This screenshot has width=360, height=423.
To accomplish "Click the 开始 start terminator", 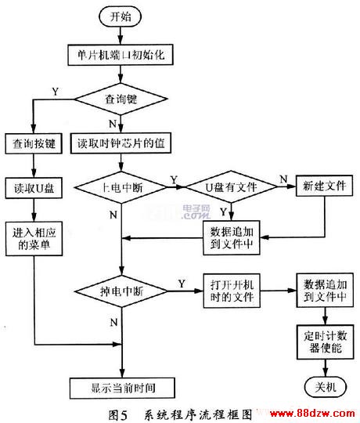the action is [121, 16].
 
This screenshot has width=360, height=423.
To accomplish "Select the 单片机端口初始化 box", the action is [121, 55].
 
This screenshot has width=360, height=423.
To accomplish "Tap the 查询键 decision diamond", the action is [121, 99].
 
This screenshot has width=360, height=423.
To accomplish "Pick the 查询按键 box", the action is [34, 143].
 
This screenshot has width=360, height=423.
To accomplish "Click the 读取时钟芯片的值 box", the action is [121, 143].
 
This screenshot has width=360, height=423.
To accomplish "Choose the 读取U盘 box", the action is [34, 188].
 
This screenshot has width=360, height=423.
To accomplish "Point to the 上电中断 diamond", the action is [121, 187].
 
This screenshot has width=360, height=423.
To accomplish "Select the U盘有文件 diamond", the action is [231, 187].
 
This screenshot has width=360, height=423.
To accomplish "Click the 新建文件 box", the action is [325, 186].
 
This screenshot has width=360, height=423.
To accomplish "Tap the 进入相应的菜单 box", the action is [34, 239].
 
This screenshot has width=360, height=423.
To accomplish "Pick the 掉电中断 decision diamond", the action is [121, 291].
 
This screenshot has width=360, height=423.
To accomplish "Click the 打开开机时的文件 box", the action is [232, 291].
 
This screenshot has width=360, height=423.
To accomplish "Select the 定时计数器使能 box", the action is [326, 342].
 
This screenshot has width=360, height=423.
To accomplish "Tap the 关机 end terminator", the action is [326, 387].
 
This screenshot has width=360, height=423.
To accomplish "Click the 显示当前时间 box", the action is [122, 388].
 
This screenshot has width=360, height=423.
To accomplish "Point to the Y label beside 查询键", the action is [56, 92].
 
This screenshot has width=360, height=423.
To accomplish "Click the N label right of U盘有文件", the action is [283, 179].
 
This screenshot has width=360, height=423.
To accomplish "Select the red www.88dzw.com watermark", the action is [312, 414].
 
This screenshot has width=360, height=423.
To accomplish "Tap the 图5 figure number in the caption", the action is [117, 414].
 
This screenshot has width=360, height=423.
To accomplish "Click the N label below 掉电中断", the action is [113, 322].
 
